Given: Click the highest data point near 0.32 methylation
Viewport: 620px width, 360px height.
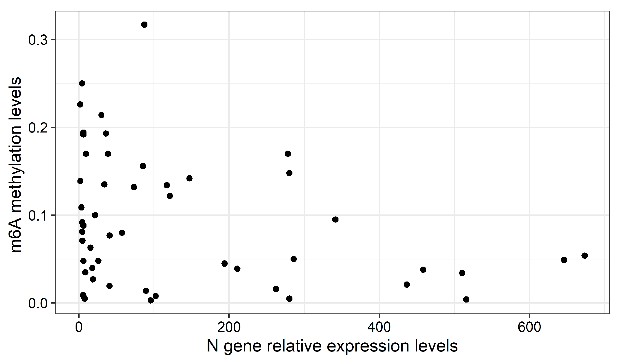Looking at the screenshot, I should pyautogui.click(x=144, y=25).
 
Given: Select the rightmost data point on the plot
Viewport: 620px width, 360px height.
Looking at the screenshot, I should pyautogui.click(x=585, y=256).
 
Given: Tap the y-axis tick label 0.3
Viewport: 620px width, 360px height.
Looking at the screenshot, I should pyautogui.click(x=38, y=40).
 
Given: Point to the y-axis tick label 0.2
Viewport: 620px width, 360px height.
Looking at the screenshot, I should pyautogui.click(x=38, y=128).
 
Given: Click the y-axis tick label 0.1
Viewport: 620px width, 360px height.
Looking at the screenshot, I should pyautogui.click(x=38, y=215).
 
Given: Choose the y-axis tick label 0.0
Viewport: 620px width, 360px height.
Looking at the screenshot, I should pyautogui.click(x=38, y=303).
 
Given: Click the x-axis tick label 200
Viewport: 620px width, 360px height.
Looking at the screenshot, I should pyautogui.click(x=229, y=328).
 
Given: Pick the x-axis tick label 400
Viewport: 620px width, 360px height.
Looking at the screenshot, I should pyautogui.click(x=379, y=328).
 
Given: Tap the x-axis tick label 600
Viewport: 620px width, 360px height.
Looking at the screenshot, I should pyautogui.click(x=529, y=328).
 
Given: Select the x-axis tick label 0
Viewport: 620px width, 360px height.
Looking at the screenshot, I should pyautogui.click(x=79, y=328).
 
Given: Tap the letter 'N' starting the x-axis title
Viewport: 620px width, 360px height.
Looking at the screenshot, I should pyautogui.click(x=212, y=346).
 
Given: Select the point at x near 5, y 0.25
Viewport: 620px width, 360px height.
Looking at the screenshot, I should pyautogui.click(x=82, y=84).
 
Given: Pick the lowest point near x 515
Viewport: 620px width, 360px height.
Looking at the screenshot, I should pyautogui.click(x=466, y=300).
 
